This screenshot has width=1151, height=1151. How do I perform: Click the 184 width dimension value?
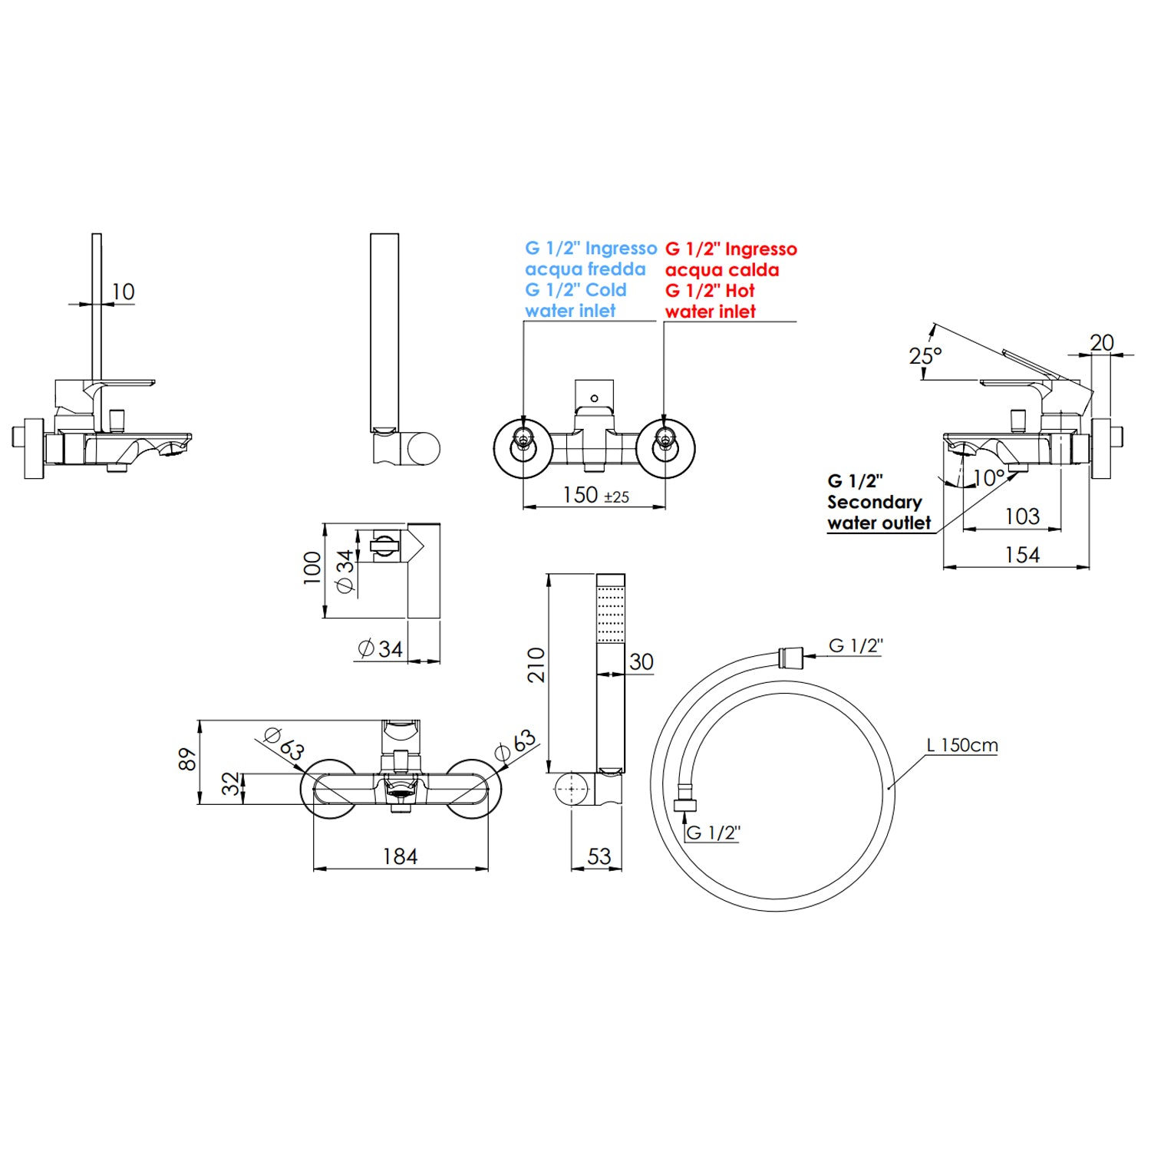pyautogui.click(x=400, y=856)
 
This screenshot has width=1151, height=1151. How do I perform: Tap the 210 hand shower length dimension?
pyautogui.click(x=536, y=665)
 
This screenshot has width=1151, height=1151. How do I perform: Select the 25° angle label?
pyautogui.click(x=925, y=356)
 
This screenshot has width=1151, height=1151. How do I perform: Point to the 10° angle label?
pyautogui.click(x=988, y=478)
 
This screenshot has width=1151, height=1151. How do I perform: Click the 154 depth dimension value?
pyautogui.click(x=1022, y=555)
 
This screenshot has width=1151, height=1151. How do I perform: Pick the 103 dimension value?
pyautogui.click(x=1022, y=516)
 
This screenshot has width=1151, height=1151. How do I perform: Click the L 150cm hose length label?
pyautogui.click(x=961, y=745)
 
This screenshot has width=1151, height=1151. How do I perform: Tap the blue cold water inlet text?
pyautogui.click(x=589, y=279)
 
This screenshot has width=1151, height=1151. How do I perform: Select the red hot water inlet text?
pyautogui.click(x=730, y=280)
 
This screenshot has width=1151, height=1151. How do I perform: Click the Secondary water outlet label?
pyautogui.click(x=878, y=503)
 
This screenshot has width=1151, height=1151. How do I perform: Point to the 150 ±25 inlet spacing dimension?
pyautogui.click(x=595, y=495)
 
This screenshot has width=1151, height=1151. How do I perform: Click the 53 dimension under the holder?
pyautogui.click(x=599, y=856)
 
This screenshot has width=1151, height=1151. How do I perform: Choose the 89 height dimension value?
pyautogui.click(x=187, y=760)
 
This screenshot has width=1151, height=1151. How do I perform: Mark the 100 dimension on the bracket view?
pyautogui.click(x=312, y=568)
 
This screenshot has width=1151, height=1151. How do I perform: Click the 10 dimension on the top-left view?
pyautogui.click(x=123, y=292)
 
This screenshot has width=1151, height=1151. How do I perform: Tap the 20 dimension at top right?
pyautogui.click(x=1101, y=342)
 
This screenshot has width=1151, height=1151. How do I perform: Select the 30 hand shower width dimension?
pyautogui.click(x=641, y=661)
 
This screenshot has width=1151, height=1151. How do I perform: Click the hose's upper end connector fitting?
pyautogui.click(x=790, y=658)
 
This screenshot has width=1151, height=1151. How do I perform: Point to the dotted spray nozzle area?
pyautogui.click(x=611, y=615)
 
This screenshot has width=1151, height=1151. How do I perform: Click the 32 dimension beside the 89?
pyautogui.click(x=230, y=784)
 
